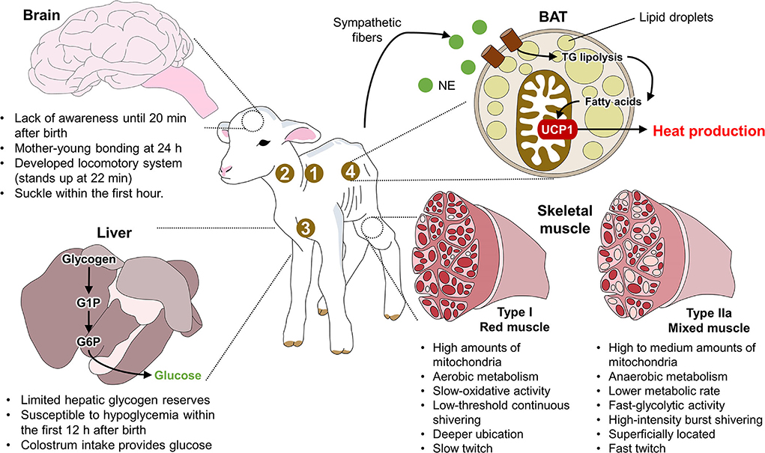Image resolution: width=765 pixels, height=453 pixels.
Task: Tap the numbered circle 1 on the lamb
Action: click(x=315, y=173)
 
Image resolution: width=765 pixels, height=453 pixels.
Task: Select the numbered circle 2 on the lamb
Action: click(x=284, y=173)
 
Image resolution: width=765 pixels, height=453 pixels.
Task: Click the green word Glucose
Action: click(x=176, y=375)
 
